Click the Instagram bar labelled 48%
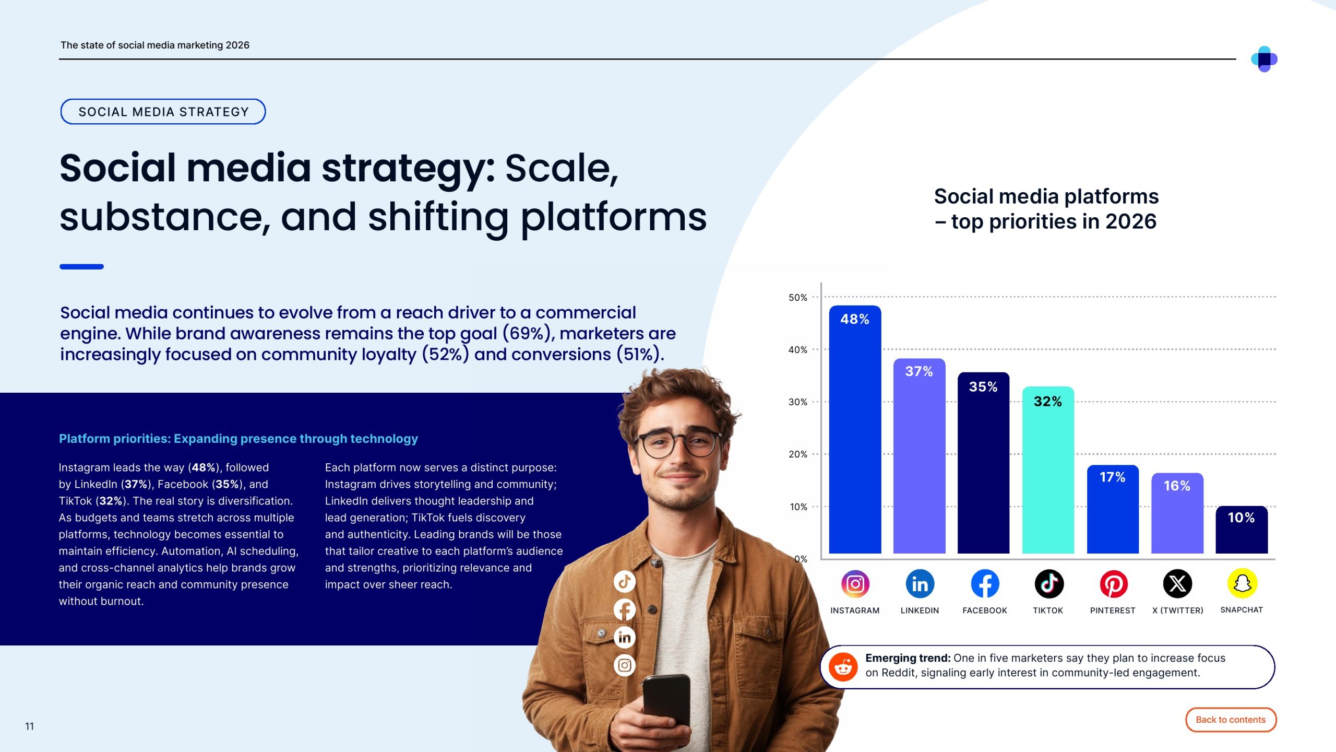point(855,429)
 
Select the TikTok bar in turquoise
point(1048,470)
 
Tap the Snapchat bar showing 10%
point(1242,530)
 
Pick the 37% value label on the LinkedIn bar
point(919,371)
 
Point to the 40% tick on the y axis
point(798,349)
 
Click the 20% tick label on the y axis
point(798,454)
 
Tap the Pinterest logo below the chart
point(1114,583)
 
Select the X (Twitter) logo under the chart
point(1177,583)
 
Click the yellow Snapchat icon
point(1242,583)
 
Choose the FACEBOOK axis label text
point(985,610)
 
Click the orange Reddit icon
point(843,667)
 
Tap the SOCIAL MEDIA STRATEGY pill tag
point(163,112)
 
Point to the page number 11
point(29,726)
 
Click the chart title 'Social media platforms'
point(1046,196)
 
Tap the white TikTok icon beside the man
point(625,581)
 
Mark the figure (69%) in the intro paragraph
point(526,333)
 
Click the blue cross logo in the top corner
point(1264,59)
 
